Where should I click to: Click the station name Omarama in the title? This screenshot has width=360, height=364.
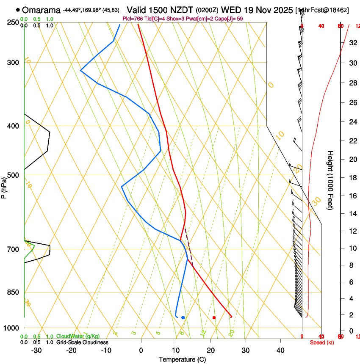(x=42, y=10)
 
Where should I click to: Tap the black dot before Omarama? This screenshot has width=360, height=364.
(x=18, y=10)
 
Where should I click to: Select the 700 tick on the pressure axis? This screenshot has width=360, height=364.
(x=13, y=249)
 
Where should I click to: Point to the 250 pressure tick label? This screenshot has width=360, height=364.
(x=13, y=22)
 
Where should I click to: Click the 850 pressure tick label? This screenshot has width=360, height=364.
(x=13, y=292)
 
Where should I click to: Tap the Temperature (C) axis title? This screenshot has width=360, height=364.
(x=182, y=360)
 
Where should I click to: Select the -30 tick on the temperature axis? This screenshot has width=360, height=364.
(x=36, y=350)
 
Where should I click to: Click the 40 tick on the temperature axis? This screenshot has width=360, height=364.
(x=280, y=350)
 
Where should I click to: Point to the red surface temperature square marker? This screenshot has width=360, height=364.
(x=214, y=317)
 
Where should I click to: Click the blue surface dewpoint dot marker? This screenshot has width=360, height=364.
(x=183, y=317)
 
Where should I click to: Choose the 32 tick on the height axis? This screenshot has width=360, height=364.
(x=352, y=43)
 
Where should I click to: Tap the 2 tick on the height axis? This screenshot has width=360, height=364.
(x=351, y=315)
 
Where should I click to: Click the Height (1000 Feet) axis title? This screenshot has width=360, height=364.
(x=330, y=180)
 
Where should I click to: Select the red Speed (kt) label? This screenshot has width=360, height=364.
(x=321, y=342)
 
